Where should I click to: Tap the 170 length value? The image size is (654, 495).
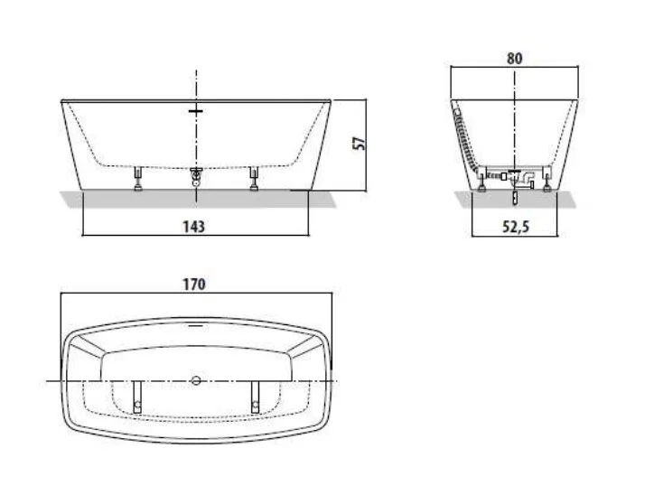point(194,284)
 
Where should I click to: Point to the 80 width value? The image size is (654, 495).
point(515,58)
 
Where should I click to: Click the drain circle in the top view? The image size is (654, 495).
point(195,381)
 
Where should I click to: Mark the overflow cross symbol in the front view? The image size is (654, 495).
point(195,111)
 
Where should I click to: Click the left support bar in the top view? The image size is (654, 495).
point(137,395)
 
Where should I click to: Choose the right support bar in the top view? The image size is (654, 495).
point(254,395)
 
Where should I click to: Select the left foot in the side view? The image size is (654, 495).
point(484,186)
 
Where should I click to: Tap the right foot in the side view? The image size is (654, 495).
point(546,186)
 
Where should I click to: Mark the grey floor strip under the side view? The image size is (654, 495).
point(514,200)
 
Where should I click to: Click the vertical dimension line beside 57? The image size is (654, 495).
point(367,145)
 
